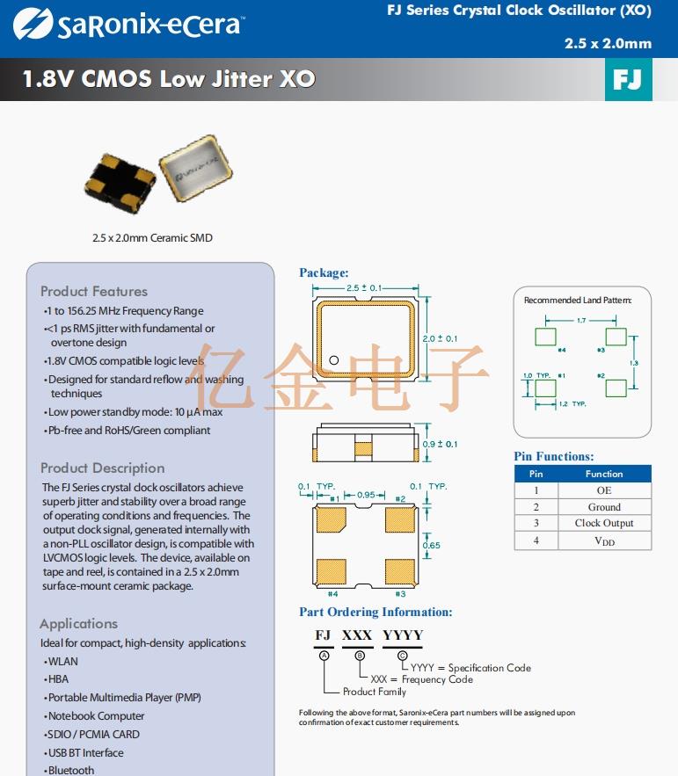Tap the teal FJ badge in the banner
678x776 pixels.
coord(628,80)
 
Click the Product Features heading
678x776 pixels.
coord(94,291)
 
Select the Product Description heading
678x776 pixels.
coord(102,468)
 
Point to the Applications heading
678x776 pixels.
coord(78,623)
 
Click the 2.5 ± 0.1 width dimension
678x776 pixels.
coord(363,287)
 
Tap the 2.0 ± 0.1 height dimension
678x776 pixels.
coord(440,338)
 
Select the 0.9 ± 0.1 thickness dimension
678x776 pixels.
coord(440,444)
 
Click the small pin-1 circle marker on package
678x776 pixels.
coord(334,360)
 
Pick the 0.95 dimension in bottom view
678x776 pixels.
coord(366,494)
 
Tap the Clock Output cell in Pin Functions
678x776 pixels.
coord(604,524)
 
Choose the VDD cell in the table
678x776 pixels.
coord(604,541)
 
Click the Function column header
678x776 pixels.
coord(604,474)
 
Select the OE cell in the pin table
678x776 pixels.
coord(604,490)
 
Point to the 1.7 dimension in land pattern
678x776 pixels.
coord(581,321)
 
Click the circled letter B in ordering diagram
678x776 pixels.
coord(359,656)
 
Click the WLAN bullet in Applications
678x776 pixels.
coord(62,661)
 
